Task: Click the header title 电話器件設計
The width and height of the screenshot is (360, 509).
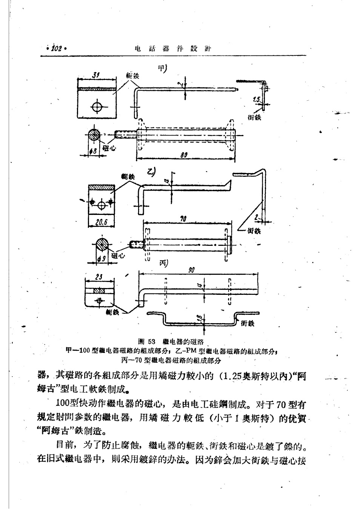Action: (x=172, y=49)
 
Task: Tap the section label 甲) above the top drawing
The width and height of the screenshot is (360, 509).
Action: (x=162, y=69)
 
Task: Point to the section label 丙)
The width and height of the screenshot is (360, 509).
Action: (x=163, y=264)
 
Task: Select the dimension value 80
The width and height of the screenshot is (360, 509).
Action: (x=185, y=155)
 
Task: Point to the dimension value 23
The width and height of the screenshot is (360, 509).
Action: (x=99, y=276)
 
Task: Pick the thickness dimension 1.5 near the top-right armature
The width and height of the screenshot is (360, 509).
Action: (x=257, y=100)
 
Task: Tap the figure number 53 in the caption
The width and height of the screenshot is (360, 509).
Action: (x=152, y=342)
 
